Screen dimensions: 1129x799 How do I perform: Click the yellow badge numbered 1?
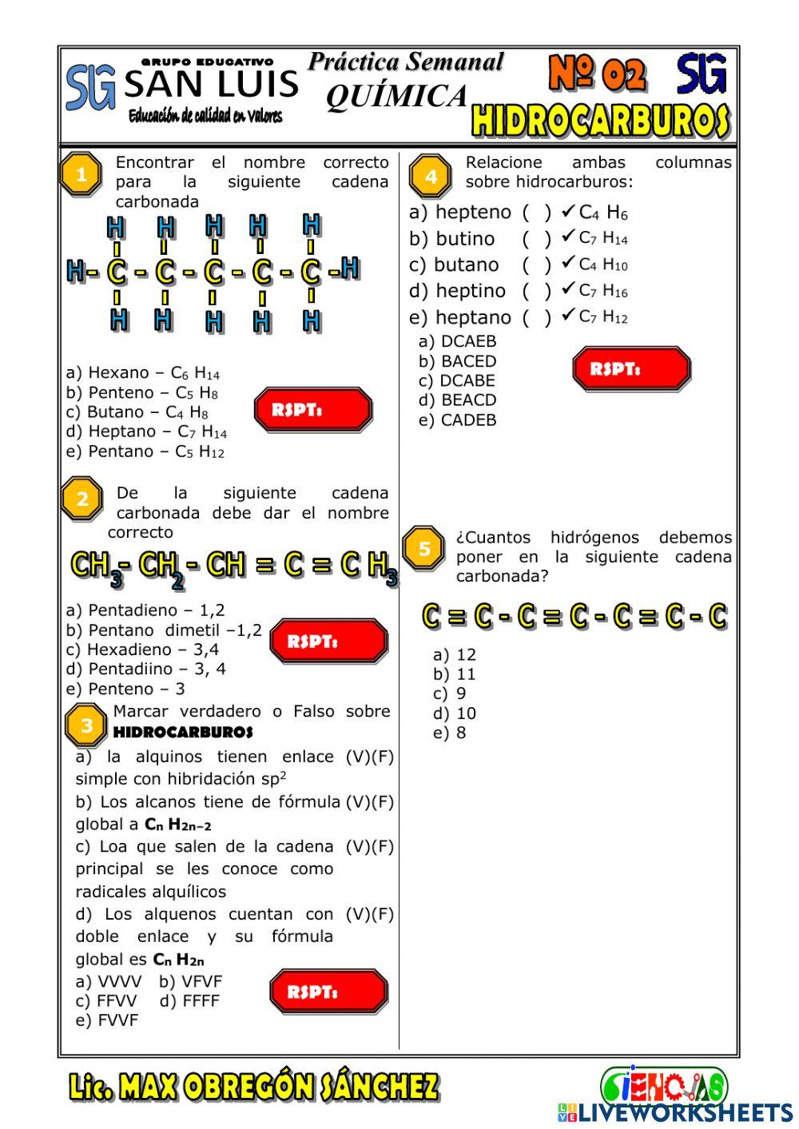81,174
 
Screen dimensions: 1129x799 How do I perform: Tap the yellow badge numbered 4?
431,176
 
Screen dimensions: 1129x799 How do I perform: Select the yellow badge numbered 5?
424,549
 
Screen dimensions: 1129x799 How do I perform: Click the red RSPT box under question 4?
631,369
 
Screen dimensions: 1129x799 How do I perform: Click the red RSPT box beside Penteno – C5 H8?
313,410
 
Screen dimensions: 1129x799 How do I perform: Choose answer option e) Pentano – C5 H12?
145,451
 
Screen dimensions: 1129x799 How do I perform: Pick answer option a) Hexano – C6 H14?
143,373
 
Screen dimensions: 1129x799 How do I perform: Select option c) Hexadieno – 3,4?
142,650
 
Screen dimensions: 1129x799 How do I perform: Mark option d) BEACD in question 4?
457,400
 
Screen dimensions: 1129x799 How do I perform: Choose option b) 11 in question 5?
454,674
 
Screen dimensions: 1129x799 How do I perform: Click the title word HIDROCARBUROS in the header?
600,121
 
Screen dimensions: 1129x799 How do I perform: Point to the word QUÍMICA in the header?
396,96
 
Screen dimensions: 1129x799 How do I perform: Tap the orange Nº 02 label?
597,74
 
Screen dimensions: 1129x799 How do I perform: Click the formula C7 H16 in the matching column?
603,291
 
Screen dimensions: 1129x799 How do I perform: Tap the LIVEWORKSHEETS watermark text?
685,1112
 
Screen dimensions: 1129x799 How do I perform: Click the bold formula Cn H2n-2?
177,825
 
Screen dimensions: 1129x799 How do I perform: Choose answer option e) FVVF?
107,1020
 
